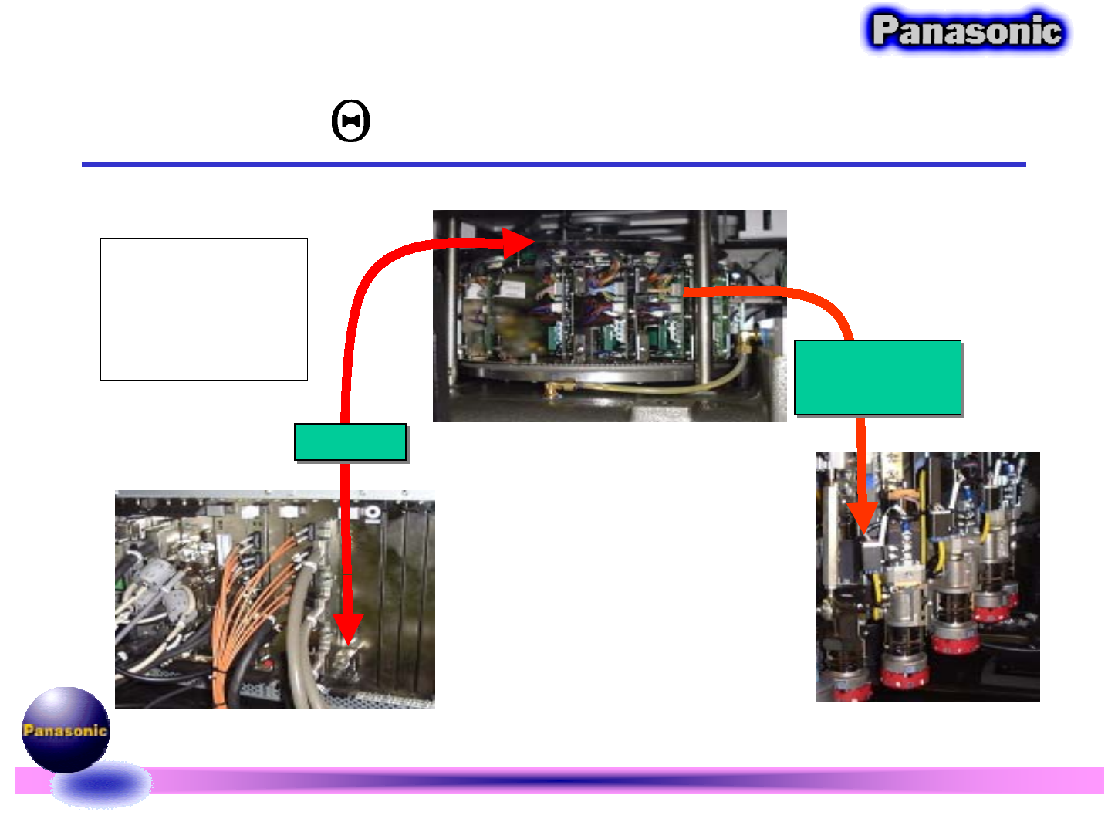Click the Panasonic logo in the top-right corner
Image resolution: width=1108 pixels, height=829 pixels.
966,31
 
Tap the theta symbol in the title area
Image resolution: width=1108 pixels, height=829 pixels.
351,122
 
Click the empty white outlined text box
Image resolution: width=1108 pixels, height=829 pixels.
204,309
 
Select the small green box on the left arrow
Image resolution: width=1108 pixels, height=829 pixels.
350,442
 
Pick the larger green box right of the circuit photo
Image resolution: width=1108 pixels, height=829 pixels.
878,377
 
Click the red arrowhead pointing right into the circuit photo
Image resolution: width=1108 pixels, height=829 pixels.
519,242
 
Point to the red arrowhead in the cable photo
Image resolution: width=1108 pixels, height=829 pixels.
349,628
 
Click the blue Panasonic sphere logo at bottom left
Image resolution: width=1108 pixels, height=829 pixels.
66,729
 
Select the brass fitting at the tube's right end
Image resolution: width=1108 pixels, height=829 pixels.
746,340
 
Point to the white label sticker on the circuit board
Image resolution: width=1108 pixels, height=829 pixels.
510,289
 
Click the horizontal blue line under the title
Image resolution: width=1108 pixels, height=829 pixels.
553,164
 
